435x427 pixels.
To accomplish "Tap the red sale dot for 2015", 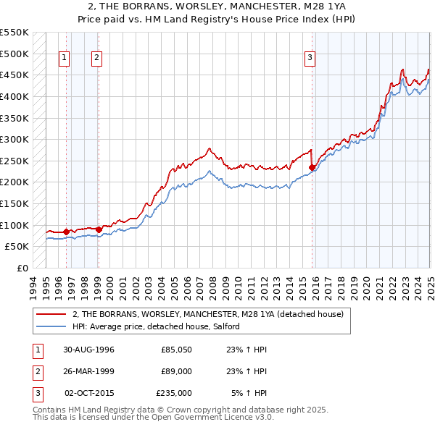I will pos(312,167).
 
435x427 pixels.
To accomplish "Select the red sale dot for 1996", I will pos(66,232).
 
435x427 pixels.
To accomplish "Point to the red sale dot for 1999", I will pos(99,229).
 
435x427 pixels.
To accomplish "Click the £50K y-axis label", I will pos(17,246).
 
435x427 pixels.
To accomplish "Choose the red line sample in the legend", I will pos(51,313).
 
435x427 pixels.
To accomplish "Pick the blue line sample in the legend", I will pos(51,326).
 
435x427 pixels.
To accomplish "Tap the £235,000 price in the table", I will pos(175,393).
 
